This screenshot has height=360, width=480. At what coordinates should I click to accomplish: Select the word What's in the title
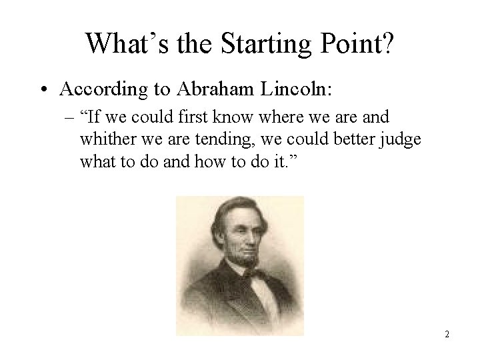(125, 44)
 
